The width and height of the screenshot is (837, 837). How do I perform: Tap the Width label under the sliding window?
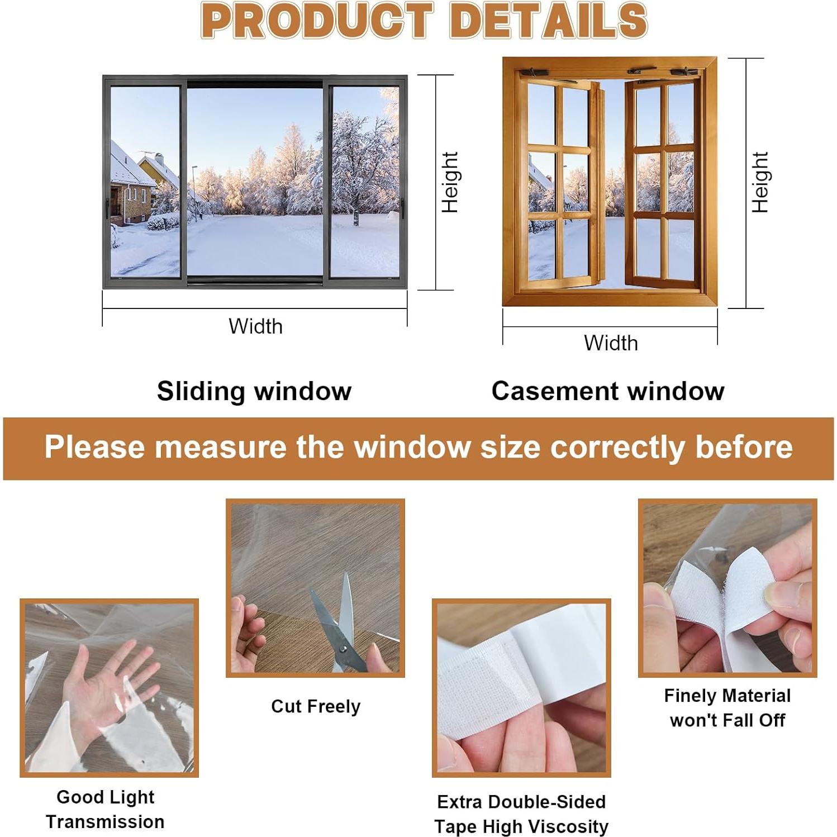click(255, 326)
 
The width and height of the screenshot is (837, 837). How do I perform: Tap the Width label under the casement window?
click(611, 343)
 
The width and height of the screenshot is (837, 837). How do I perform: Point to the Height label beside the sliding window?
click(450, 182)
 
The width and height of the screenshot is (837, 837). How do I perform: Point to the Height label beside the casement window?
click(760, 182)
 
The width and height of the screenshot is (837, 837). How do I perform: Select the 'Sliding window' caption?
click(254, 391)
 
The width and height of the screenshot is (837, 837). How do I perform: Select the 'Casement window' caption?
click(608, 391)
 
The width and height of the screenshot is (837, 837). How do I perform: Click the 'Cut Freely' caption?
click(316, 706)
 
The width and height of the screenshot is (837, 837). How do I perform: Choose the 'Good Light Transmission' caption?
click(105, 809)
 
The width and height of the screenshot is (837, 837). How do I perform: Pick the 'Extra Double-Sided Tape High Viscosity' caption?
click(521, 814)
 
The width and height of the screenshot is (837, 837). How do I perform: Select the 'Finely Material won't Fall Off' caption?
click(727, 708)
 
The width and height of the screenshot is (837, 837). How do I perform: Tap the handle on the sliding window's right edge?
click(401, 208)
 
